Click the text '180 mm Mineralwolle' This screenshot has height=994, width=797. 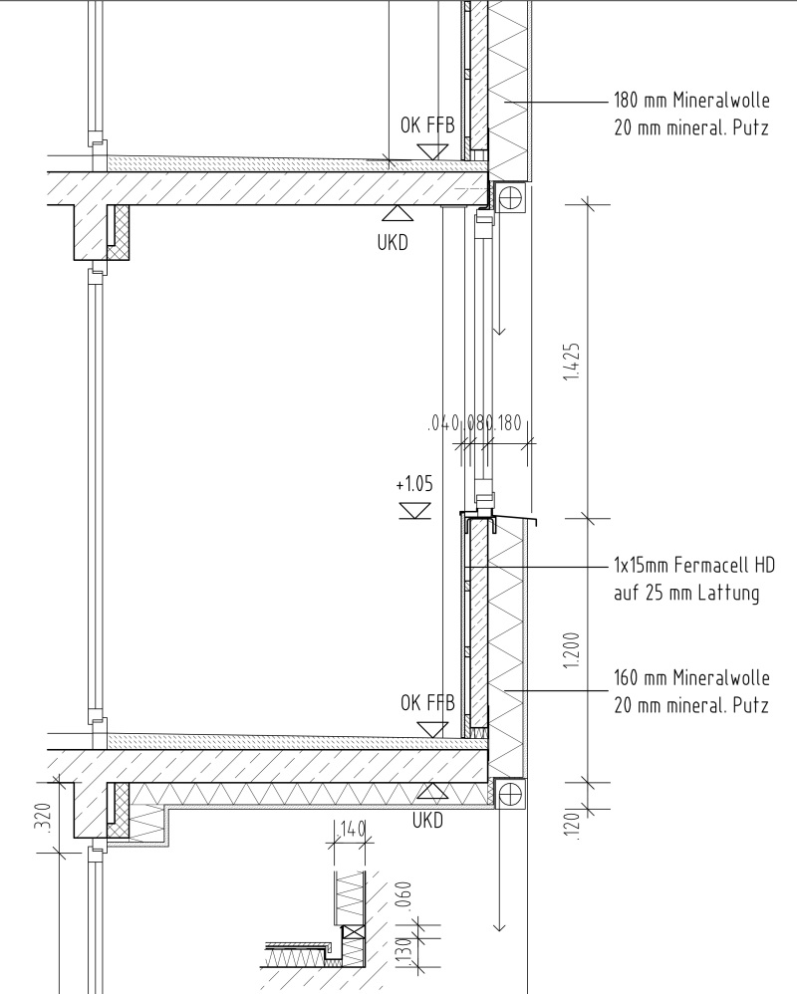coord(691,101)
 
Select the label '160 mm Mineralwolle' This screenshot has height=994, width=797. coord(691,677)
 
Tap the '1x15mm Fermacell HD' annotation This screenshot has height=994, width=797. coord(694,564)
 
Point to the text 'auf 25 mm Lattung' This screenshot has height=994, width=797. coord(686,593)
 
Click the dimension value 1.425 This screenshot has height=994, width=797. coord(572,362)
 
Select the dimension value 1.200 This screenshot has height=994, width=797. coord(572,649)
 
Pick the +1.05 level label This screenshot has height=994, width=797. coord(414,484)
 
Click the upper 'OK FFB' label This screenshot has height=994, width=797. coord(427,124)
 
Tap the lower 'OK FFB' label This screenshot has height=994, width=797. coord(427,702)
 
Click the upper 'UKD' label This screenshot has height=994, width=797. coord(393,243)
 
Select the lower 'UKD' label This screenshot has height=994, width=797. coord(427,821)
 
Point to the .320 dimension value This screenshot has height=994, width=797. coord(44,819)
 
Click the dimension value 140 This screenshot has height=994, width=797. coord(353,828)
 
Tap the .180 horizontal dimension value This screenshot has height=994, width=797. coord(508,423)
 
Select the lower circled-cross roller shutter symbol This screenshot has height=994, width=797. coord(510,793)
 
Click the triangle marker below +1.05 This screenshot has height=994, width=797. coord(415,510)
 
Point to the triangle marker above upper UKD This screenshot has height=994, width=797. coord(398,213)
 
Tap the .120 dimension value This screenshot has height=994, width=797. coord(572,826)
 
